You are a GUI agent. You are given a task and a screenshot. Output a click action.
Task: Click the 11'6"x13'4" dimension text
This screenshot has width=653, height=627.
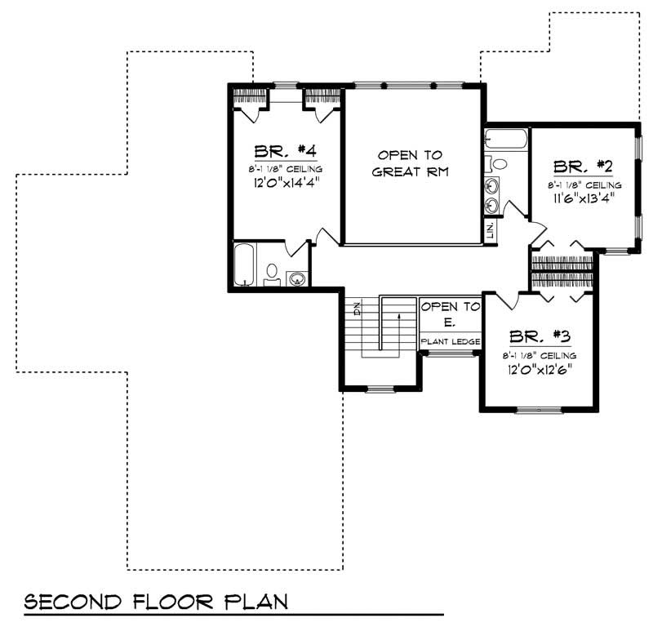coord(583,197)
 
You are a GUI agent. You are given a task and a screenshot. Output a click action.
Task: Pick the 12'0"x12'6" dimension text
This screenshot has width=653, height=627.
coord(539,368)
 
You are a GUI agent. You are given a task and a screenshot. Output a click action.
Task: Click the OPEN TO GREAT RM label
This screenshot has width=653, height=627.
coord(410,162)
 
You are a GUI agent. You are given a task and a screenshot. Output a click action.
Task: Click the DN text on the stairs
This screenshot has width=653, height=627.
coord(358,309)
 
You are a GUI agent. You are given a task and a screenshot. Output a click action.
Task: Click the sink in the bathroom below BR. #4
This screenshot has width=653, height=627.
coord(299,278)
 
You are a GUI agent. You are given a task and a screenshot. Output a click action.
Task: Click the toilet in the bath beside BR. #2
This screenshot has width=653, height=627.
coord(499,164)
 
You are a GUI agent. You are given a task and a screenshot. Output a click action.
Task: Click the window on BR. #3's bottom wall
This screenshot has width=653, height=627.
coord(539,409)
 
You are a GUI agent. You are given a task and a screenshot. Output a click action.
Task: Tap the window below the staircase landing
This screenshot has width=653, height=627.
coord(380,389)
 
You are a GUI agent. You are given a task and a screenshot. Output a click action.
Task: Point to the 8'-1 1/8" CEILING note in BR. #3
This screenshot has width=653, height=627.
coord(540,355)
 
